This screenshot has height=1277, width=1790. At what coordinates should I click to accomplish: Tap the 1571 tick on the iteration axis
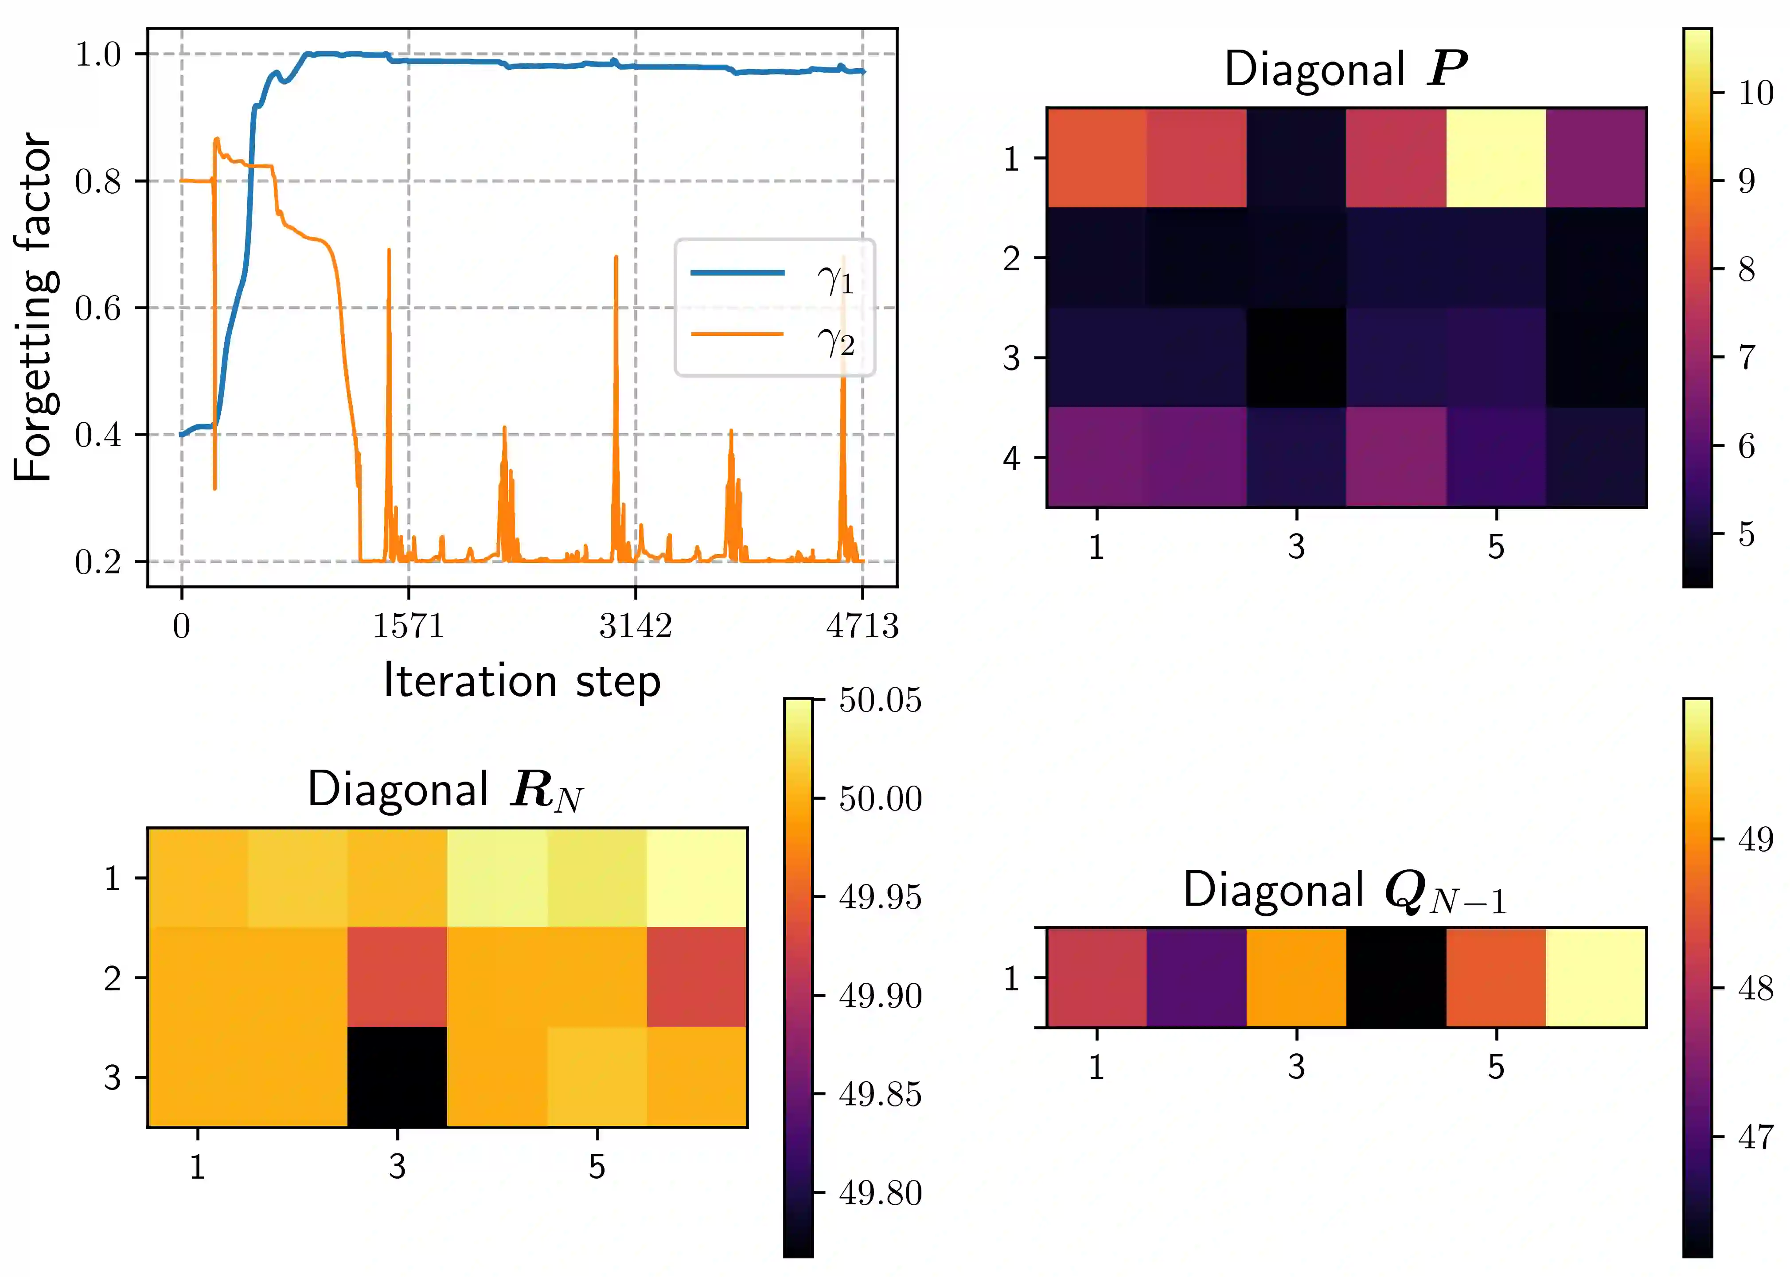tap(408, 626)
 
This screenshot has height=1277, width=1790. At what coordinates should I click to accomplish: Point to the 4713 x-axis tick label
tap(862, 626)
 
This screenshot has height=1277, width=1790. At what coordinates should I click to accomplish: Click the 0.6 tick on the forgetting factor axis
tap(98, 308)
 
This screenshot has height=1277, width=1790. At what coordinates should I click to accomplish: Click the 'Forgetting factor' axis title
tap(34, 307)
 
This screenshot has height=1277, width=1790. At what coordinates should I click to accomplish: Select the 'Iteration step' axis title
tap(522, 681)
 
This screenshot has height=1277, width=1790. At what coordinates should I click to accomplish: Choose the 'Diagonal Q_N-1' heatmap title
tap(1345, 891)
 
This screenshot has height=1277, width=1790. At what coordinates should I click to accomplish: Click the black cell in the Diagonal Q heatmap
tap(1396, 977)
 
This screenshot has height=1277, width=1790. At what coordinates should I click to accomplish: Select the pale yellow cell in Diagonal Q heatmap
tap(1596, 977)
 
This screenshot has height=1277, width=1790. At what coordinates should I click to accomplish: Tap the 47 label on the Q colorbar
tap(1755, 1137)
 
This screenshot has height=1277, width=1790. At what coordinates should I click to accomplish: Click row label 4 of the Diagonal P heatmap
tap(1011, 458)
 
